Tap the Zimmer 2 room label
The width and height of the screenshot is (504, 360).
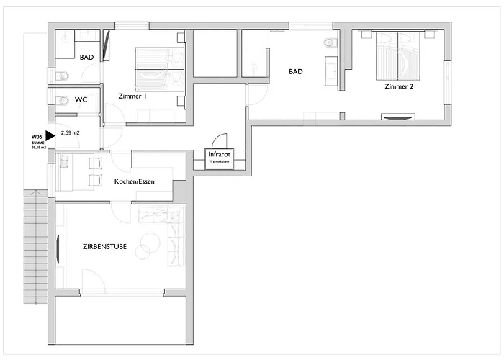[x=400, y=87]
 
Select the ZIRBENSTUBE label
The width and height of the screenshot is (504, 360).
[x=104, y=246]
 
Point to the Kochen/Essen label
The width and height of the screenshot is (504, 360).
[x=135, y=181]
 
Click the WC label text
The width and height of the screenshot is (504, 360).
[x=81, y=100]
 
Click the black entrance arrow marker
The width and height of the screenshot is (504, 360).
[x=50, y=135]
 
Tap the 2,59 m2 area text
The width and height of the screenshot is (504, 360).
[x=71, y=133]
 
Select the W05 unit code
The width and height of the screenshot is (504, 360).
[x=37, y=137]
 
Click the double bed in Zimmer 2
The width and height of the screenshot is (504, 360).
[x=398, y=55]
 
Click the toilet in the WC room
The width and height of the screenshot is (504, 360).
[x=62, y=100]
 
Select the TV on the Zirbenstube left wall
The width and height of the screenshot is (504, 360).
[x=58, y=246]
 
